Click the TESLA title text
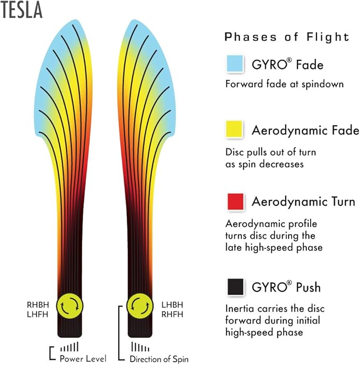click(x=21, y=10)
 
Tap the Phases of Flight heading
click(x=287, y=37)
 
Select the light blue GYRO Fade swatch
click(x=235, y=63)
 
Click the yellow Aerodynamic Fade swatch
click(x=234, y=129)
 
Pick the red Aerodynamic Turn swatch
click(x=235, y=202)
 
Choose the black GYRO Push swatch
click(x=236, y=286)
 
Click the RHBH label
click(x=38, y=305)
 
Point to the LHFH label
click(x=38, y=314)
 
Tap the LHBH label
click(x=172, y=305)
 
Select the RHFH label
click(x=172, y=314)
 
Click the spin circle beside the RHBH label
click(x=70, y=306)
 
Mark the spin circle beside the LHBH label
click(x=140, y=306)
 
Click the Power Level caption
click(x=83, y=359)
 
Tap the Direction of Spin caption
click(x=159, y=359)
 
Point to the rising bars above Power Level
click(x=69, y=346)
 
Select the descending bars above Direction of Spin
click(x=141, y=346)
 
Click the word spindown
click(x=322, y=84)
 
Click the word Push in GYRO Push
click(x=308, y=287)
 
